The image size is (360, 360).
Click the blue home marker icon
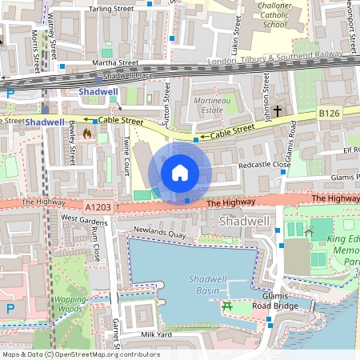coord(180,172)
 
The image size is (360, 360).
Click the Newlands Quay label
coord(159,234)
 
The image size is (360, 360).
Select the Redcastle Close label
coord(259,165)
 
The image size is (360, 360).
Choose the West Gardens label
coord(78,218)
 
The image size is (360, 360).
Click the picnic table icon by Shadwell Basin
coord(228,306)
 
